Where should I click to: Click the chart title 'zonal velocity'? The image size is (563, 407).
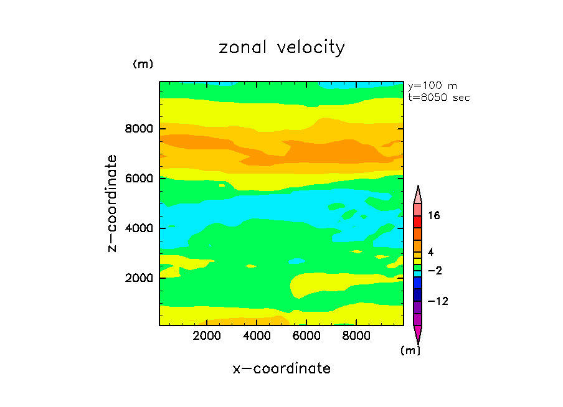pos(281,48)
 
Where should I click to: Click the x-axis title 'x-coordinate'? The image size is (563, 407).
pos(281,368)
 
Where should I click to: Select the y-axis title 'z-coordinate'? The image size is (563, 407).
pos(112,203)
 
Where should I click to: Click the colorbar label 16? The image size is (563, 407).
pos(434,216)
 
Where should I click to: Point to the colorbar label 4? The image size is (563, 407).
pos(430,251)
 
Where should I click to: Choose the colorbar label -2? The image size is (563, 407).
pos(434,271)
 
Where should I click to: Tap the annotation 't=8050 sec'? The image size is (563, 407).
pos(438,98)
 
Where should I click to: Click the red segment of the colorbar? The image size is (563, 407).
pos(417,222)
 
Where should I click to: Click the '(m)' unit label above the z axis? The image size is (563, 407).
pos(143,64)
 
